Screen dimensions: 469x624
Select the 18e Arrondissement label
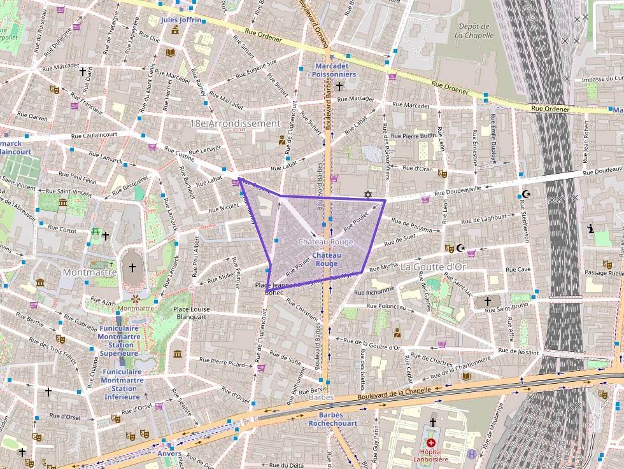pyautogui.click(x=235, y=123)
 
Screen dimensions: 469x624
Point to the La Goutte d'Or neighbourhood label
pyautogui.click(x=434, y=267)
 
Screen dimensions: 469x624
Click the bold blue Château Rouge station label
pyautogui.click(x=327, y=260)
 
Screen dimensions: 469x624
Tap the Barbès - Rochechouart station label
pyautogui.click(x=330, y=419)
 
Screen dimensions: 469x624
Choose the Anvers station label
pyautogui.click(x=169, y=454)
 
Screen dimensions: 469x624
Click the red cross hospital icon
pyautogui.click(x=431, y=442)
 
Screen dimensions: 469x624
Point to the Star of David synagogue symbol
pyautogui.click(x=367, y=194)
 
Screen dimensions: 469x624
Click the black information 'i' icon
pyautogui.click(x=591, y=228)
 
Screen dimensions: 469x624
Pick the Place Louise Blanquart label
pyautogui.click(x=183, y=312)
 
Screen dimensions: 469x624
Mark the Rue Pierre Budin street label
pyautogui.click(x=414, y=136)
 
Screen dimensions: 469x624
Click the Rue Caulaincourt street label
pyautogui.click(x=94, y=135)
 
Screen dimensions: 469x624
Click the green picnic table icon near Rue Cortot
pyautogui.click(x=96, y=232)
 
